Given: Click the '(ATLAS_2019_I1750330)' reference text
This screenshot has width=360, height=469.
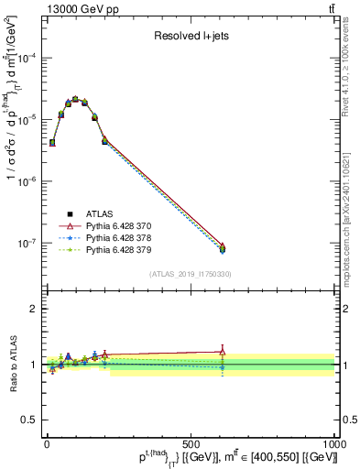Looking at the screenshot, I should pos(191,274).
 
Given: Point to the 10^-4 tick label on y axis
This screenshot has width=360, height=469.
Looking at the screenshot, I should pos(27,58).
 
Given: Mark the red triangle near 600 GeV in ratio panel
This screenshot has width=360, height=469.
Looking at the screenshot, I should pos(221,350).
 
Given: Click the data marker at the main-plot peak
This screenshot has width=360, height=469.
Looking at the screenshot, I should pos(75,99).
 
